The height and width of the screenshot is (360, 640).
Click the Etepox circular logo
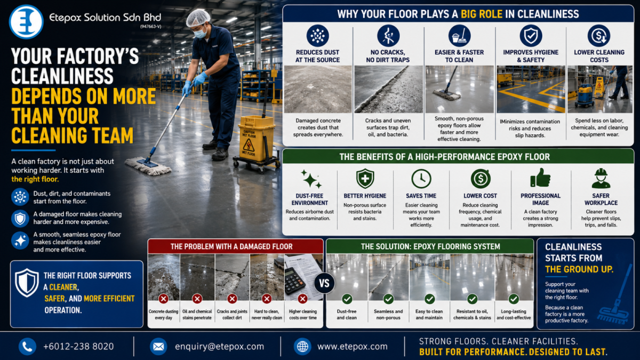(x=26, y=21)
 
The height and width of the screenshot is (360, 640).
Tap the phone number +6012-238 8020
(x=78, y=346)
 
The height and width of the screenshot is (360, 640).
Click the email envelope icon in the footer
(x=158, y=347)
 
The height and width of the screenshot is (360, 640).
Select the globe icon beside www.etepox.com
(x=302, y=347)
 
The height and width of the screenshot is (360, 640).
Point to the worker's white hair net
(x=198, y=18)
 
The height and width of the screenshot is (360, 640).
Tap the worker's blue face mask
(x=201, y=33)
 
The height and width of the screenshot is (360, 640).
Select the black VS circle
(x=324, y=283)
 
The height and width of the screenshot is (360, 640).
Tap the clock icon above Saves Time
(x=421, y=179)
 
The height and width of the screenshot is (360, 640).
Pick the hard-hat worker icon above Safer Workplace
(x=601, y=178)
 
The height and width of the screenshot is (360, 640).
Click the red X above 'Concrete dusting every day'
(x=163, y=299)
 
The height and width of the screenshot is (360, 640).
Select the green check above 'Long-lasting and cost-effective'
(x=514, y=299)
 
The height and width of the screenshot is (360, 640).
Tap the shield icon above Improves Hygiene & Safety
(x=531, y=36)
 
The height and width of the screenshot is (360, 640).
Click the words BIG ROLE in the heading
(x=482, y=14)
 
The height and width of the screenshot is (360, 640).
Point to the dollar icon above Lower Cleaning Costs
(x=599, y=36)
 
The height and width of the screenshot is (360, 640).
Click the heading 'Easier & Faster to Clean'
(x=459, y=56)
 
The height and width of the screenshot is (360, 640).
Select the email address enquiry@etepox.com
(x=219, y=347)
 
